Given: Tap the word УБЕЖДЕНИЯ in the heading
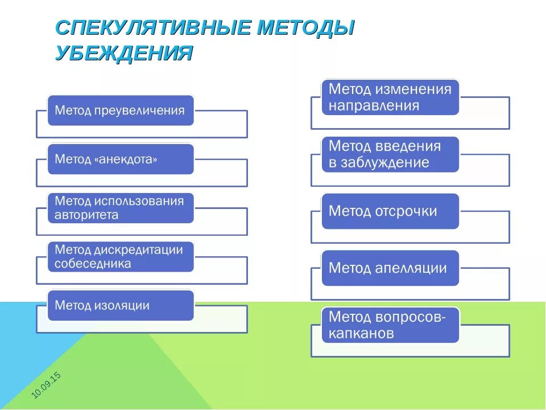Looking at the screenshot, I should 123,53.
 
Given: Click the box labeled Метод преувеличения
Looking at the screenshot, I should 120,110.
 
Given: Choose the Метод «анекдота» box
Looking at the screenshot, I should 120,159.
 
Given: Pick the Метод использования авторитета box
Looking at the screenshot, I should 120,208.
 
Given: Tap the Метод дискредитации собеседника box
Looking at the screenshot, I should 120,257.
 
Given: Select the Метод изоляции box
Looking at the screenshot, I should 120,305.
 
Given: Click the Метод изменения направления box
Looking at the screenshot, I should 390,97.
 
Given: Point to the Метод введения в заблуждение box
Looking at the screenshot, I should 390,154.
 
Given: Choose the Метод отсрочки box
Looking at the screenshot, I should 390,211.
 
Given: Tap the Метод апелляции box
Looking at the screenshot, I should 390,268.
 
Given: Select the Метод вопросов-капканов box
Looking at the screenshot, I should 390,325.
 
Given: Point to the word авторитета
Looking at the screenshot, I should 86,215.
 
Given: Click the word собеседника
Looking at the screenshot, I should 93,264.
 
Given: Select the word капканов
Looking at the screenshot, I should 361,334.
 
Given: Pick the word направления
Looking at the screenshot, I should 374,106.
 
